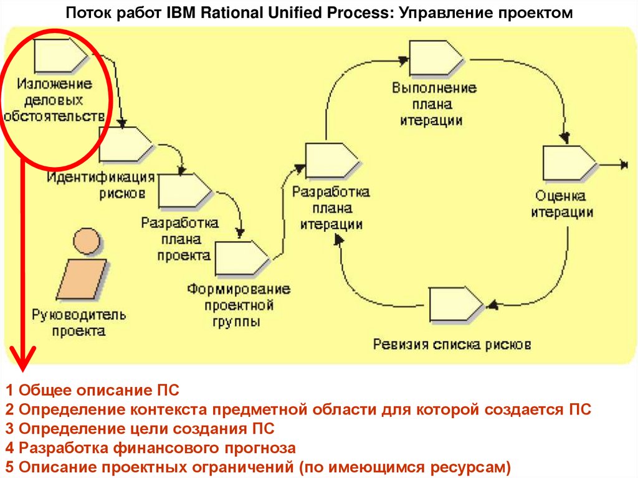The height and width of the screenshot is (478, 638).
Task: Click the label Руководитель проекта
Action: [x=79, y=323]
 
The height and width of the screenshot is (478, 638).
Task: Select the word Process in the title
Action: [x=356, y=13]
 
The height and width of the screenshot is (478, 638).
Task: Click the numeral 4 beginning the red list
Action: [x=9, y=447]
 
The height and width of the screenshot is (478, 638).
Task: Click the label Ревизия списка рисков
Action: [x=452, y=344]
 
